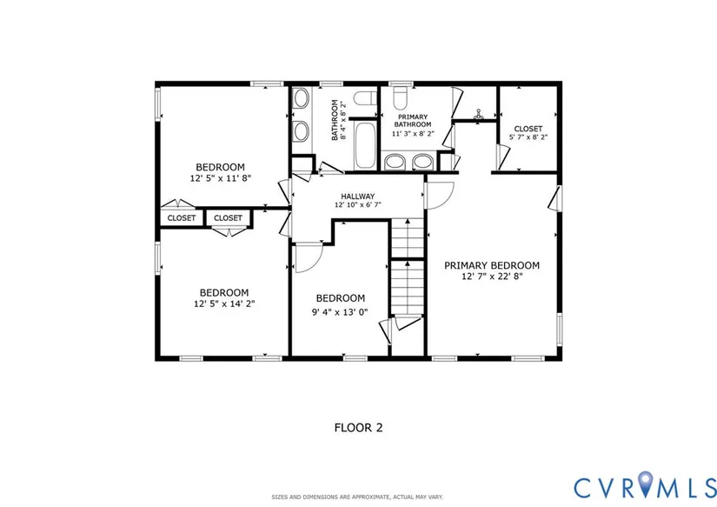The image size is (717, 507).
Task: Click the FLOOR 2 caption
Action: pyautogui.click(x=358, y=428)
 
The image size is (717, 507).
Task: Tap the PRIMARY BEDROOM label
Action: pyautogui.click(x=492, y=265)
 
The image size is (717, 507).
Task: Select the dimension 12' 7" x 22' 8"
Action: pyautogui.click(x=492, y=277)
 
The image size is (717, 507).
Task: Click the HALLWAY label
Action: pyautogui.click(x=357, y=197)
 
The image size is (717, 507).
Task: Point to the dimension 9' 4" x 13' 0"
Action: pyautogui.click(x=340, y=312)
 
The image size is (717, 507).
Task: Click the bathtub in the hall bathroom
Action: pyautogui.click(x=365, y=145)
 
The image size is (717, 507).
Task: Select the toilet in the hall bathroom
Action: pyautogui.click(x=366, y=98)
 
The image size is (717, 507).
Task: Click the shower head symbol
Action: pyautogui.click(x=478, y=114)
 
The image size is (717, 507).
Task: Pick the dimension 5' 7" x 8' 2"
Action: pyautogui.click(x=528, y=137)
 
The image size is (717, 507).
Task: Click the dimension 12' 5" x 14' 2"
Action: pyautogui.click(x=224, y=304)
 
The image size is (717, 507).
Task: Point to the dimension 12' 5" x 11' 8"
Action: pyautogui.click(x=221, y=178)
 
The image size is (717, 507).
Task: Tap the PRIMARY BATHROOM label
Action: pyautogui.click(x=413, y=121)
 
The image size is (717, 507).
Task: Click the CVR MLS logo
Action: pyautogui.click(x=645, y=486)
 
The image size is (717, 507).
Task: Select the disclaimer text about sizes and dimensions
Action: pyautogui.click(x=357, y=497)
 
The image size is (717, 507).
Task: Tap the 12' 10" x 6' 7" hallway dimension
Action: pyautogui.click(x=357, y=205)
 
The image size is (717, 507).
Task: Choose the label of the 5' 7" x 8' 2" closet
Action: pyautogui.click(x=528, y=129)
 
